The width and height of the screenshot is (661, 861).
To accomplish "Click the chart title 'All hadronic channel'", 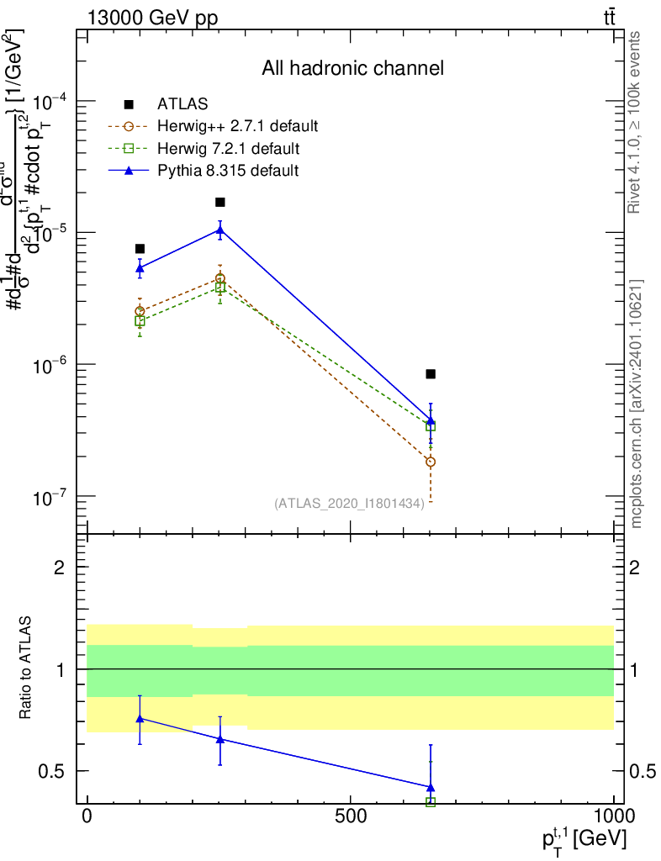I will [352, 68].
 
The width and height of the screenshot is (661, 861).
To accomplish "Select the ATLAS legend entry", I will [177, 104].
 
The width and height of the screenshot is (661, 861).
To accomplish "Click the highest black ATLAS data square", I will [220, 202].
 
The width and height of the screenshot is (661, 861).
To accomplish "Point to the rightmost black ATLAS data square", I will [431, 373].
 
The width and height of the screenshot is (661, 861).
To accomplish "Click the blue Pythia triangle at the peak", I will [220, 229].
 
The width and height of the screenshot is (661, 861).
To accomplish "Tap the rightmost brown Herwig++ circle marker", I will [431, 462].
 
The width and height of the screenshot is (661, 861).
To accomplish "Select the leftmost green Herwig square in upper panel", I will [140, 321].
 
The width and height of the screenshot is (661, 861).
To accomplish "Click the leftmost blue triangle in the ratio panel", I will [140, 718].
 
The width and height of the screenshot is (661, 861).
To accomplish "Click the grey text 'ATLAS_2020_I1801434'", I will [348, 503].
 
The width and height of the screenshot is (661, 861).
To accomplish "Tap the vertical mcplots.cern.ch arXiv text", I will [637, 404].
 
